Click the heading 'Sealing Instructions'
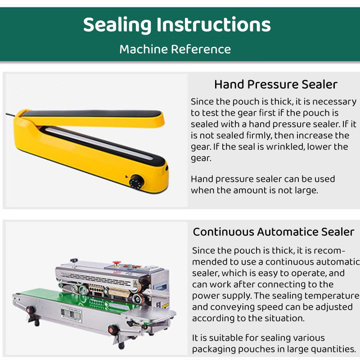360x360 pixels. (x=177, y=25)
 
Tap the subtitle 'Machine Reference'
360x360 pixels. (x=175, y=49)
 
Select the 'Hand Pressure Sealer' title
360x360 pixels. (x=276, y=84)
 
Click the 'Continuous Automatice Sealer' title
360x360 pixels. (x=274, y=232)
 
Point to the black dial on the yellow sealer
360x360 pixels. (x=137, y=182)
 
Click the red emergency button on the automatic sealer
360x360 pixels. (x=117, y=263)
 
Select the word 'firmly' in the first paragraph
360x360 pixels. (x=259, y=136)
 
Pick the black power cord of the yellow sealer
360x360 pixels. (x=10, y=114)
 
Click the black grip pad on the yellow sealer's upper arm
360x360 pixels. (x=92, y=114)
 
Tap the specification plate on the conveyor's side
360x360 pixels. (x=71, y=314)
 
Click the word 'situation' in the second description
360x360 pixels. (x=284, y=319)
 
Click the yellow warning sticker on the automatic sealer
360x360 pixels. (x=165, y=306)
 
